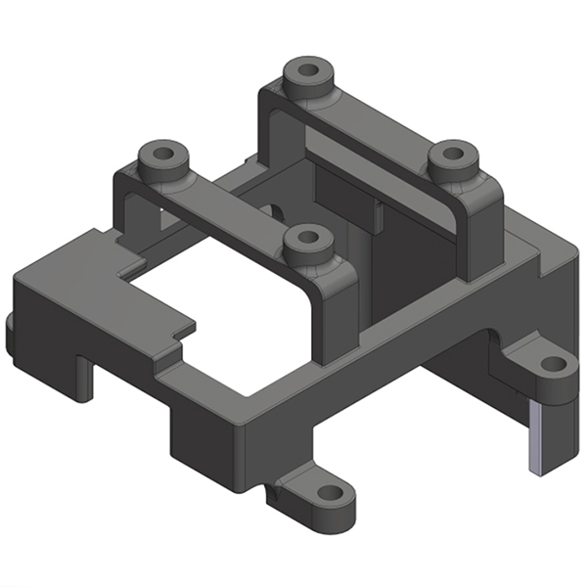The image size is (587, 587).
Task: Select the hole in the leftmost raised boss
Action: click(x=162, y=154)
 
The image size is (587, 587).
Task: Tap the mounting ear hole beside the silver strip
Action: click(x=553, y=364)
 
